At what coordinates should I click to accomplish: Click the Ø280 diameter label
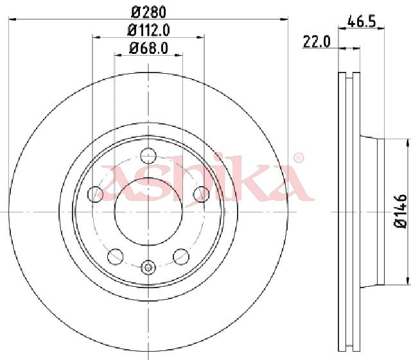click(148, 12)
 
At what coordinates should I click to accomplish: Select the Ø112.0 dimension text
click(148, 30)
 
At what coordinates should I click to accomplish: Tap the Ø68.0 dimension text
click(148, 48)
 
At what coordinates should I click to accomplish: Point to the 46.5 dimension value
click(362, 21)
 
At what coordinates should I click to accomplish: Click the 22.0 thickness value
click(317, 42)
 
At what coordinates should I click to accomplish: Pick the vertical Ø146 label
click(400, 211)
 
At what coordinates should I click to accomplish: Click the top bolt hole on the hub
click(148, 156)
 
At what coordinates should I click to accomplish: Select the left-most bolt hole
click(96, 194)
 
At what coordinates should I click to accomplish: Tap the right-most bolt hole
click(201, 194)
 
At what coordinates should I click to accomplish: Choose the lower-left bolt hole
click(116, 257)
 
